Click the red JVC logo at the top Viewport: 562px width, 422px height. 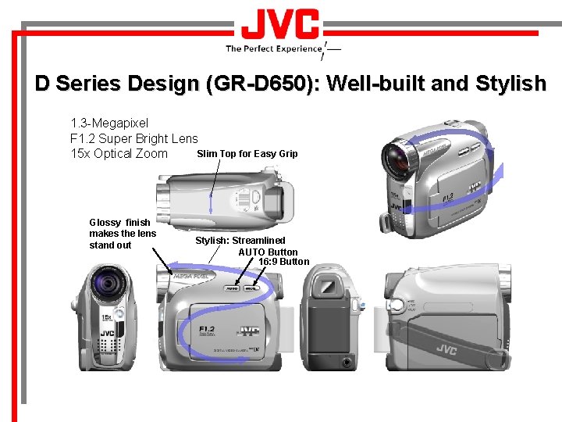pyautogui.click(x=280, y=24)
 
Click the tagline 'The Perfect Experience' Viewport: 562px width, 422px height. pyautogui.click(x=274, y=48)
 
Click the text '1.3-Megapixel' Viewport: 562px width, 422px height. pyautogui.click(x=109, y=123)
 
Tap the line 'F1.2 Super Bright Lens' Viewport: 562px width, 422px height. pyautogui.click(x=134, y=138)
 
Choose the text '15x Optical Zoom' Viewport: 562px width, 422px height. pyautogui.click(x=119, y=153)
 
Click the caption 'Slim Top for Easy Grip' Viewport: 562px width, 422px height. pyautogui.click(x=247, y=154)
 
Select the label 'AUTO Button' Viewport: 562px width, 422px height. pyautogui.click(x=268, y=252)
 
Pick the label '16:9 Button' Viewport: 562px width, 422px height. pyautogui.click(x=283, y=262)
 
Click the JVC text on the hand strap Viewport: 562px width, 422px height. pyautogui.click(x=446, y=349)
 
